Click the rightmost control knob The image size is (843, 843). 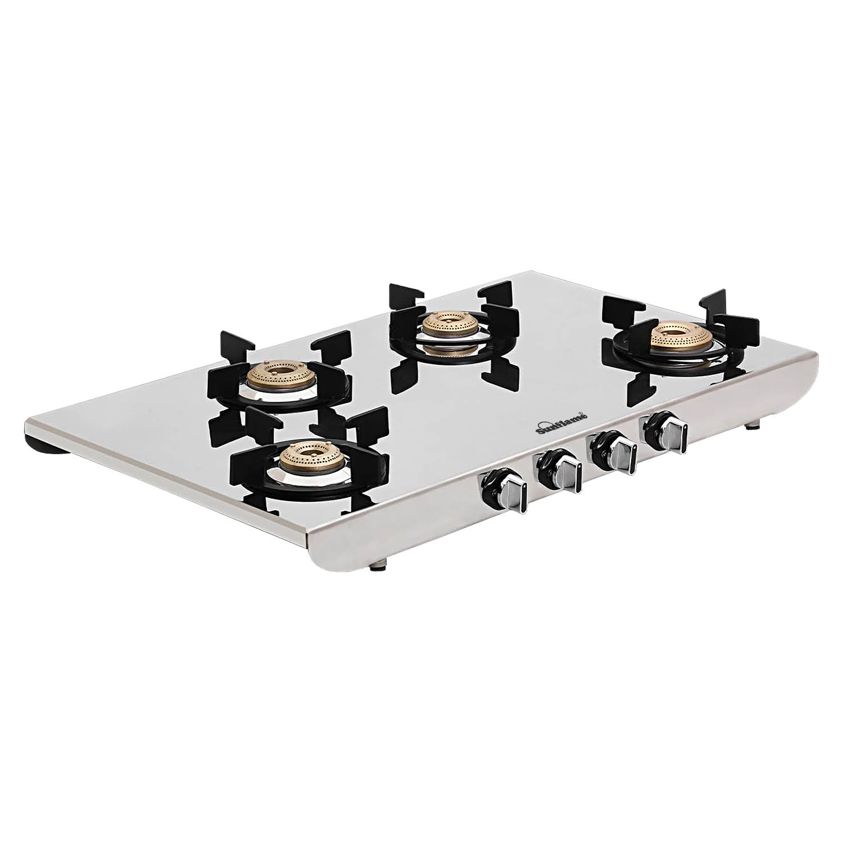click(x=665, y=428)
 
